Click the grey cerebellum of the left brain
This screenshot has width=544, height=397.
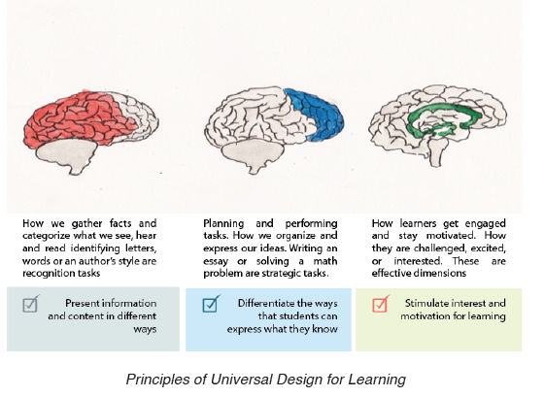click(67, 155)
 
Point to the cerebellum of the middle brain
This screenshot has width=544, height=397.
click(253, 155)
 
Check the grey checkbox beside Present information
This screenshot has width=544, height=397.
click(30, 304)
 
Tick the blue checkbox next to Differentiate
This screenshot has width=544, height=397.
click(211, 304)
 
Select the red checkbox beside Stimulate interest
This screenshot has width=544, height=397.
click(381, 304)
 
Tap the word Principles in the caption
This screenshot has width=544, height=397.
click(158, 380)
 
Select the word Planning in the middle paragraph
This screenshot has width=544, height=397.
click(223, 223)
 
